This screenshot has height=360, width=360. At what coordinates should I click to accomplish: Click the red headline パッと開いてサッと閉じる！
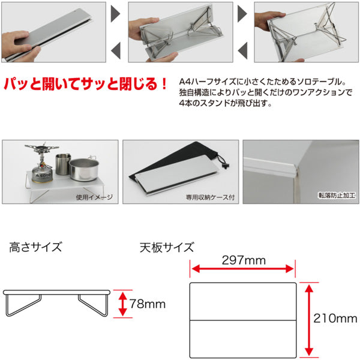(85, 84)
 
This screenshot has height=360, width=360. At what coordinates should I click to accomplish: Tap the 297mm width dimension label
(244, 260)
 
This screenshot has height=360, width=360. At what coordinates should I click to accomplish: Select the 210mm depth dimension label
(335, 319)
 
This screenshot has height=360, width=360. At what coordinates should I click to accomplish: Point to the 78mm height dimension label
(148, 304)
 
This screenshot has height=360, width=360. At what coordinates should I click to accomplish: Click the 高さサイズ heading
(35, 247)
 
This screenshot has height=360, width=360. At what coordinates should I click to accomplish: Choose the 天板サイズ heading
(167, 247)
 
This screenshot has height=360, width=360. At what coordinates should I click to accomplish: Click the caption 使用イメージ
(94, 197)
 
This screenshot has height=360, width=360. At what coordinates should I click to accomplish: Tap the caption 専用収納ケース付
(211, 197)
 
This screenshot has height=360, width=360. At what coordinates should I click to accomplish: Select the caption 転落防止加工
(337, 195)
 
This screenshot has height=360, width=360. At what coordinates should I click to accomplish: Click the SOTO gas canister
(43, 174)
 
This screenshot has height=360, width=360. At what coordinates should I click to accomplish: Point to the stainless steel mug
(63, 164)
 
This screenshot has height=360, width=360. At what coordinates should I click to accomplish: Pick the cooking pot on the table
(84, 169)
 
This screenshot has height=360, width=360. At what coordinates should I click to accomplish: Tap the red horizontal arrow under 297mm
(242, 269)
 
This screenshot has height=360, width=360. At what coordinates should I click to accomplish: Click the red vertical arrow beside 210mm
(309, 320)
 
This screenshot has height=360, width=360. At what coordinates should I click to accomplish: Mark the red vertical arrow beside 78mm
(123, 304)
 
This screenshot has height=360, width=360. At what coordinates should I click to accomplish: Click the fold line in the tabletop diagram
(243, 320)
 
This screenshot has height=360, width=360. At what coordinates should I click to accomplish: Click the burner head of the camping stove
(42, 148)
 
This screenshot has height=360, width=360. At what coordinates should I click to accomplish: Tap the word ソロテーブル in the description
(320, 82)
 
